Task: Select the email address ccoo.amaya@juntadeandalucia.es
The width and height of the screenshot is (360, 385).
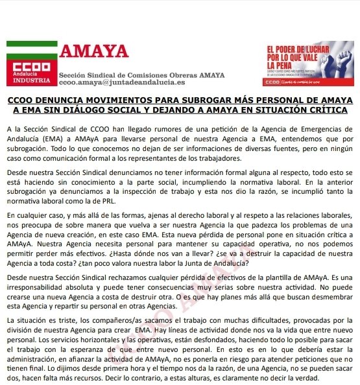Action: pos(121,82)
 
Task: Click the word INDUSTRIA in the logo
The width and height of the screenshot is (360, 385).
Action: pos(26,80)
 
